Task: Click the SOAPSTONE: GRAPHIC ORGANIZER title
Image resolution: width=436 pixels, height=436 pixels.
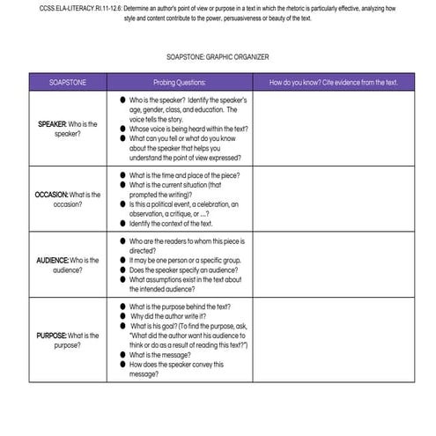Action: (217, 56)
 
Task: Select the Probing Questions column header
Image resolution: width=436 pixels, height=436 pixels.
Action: (179, 82)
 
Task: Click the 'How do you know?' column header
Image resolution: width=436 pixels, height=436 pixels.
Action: (334, 82)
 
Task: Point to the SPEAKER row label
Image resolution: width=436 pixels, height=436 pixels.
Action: (67, 129)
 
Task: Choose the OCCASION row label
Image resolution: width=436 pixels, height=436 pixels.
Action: (67, 199)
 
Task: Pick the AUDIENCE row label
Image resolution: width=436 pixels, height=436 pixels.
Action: (67, 265)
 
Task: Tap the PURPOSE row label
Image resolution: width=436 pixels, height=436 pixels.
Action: (67, 340)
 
